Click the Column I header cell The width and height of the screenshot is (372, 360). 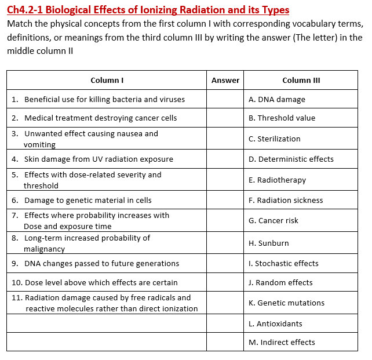click(107, 80)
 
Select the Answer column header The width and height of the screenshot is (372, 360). click(225, 80)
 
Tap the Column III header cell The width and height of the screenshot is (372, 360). click(301, 80)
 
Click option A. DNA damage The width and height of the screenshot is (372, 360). click(276, 99)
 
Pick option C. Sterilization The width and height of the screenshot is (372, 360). click(274, 139)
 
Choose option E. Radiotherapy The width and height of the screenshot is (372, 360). click(277, 180)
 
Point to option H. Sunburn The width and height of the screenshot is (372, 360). click(268, 243)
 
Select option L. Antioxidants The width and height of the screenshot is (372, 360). click(275, 323)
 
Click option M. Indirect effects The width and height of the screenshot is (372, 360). click(282, 342)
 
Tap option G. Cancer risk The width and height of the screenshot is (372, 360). click(273, 220)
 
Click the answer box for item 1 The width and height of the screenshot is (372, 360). click(225, 99)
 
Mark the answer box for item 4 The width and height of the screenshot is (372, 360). click(225, 159)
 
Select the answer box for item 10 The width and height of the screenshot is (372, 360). click(225, 282)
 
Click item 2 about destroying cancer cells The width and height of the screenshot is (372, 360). click(100, 118)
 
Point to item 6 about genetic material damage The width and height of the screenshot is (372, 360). click(87, 200)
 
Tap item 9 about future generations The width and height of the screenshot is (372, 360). click(101, 263)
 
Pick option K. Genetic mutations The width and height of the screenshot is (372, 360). click(286, 303)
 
